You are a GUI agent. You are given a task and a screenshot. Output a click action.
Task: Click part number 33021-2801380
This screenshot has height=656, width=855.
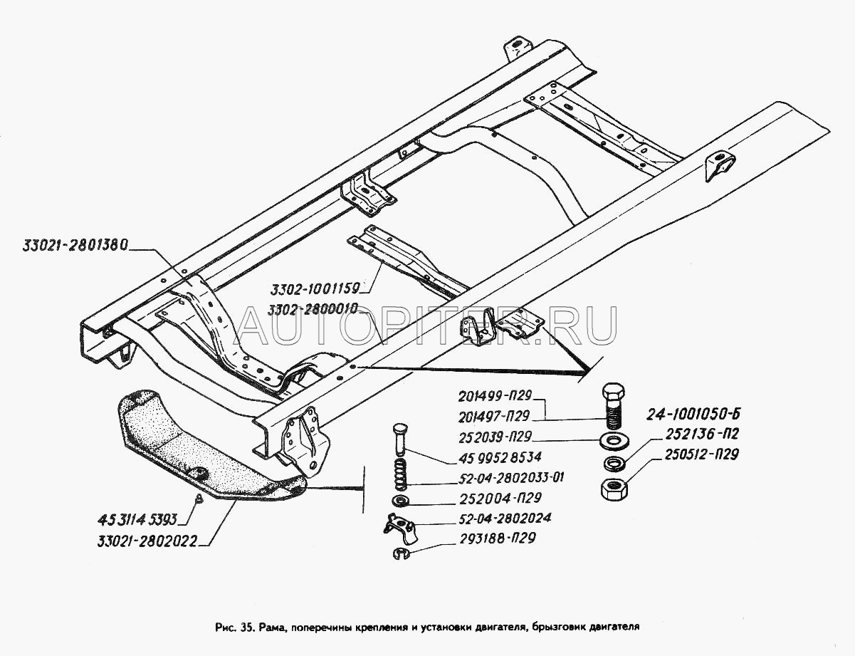click(x=75, y=246)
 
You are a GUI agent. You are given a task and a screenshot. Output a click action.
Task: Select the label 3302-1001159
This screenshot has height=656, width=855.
click(x=315, y=289)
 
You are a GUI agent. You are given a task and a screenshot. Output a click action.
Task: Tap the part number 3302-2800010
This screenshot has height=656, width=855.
click(x=313, y=310)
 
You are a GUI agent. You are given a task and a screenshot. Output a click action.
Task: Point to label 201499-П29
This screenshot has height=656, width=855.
click(x=495, y=395)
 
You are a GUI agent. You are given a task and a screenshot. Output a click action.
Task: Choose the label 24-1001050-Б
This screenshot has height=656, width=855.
click(x=693, y=414)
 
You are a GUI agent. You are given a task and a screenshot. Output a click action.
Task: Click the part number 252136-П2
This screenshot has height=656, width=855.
click(x=702, y=434)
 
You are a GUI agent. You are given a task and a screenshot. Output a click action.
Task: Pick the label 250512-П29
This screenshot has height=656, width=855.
click(x=702, y=454)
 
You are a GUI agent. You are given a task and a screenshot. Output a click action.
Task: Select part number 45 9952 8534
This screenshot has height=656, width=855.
click(x=500, y=457)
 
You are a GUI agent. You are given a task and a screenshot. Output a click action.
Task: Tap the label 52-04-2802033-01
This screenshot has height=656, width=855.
click(x=511, y=478)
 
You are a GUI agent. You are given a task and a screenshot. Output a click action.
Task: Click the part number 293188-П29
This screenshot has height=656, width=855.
click(x=498, y=538)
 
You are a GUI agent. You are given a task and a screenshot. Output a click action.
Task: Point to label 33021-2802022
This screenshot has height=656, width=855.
click(x=147, y=542)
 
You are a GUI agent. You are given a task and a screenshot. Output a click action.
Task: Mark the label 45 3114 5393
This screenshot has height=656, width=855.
click(x=137, y=520)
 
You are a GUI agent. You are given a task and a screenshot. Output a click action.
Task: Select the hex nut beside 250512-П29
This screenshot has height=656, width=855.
click(x=614, y=489)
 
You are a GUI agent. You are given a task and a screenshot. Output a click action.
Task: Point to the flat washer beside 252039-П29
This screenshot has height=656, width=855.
click(x=614, y=440)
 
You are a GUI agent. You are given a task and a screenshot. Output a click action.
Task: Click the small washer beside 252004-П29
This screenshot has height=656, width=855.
click(x=401, y=501)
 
